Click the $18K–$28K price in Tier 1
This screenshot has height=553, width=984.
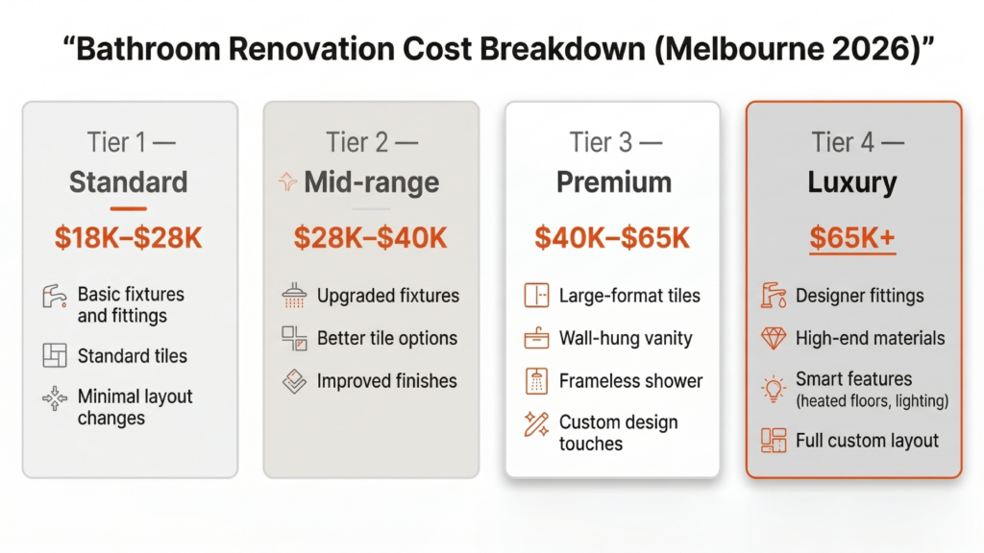pos(129,238)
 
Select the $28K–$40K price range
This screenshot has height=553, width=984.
pos(370,238)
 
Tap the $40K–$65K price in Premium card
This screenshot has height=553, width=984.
pos(612,238)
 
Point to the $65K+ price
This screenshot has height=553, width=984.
pos(852,238)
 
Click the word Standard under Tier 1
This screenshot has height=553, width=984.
pos(129,182)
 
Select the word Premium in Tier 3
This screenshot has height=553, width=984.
pos(613,182)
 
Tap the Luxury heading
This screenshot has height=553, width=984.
pos(853,182)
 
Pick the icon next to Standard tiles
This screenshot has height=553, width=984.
pos(55,356)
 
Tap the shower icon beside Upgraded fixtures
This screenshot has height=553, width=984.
pos(294,295)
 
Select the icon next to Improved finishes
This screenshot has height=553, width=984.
pos(294,381)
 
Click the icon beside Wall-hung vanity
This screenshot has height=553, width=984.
pos(536,338)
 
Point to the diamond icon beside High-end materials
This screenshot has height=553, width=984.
pos(774,338)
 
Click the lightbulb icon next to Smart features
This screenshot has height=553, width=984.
pos(774,389)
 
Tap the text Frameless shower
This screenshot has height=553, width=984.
pos(630,381)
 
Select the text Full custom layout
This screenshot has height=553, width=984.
pos(867,441)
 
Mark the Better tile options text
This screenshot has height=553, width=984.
pos(386,338)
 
